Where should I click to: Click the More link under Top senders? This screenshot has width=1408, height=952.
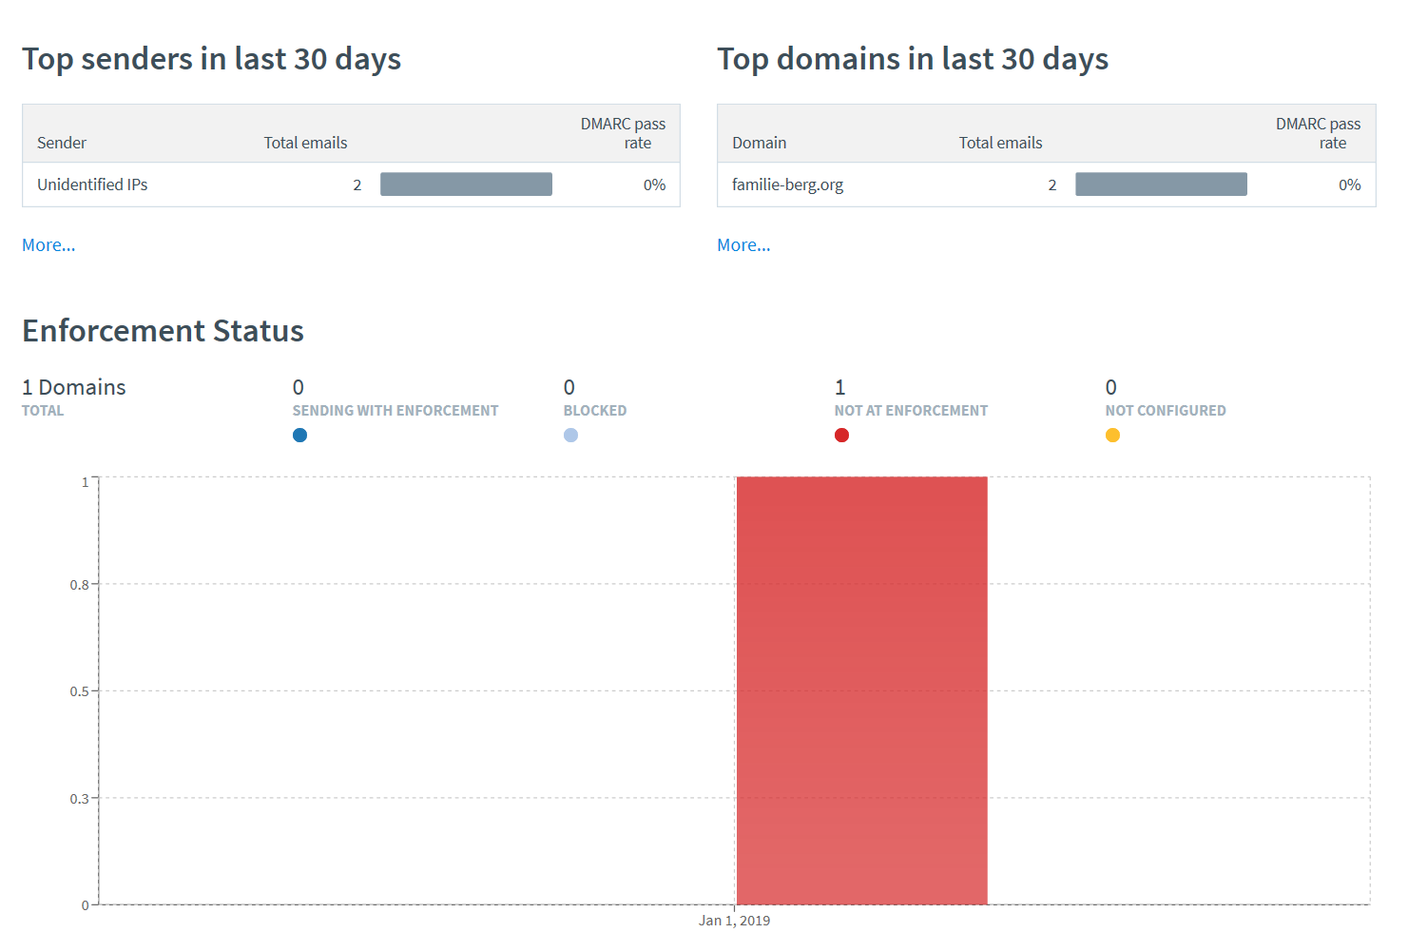pyautogui.click(x=48, y=245)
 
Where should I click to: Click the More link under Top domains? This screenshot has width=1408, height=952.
pyautogui.click(x=743, y=245)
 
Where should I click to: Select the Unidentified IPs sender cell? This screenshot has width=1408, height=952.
pyautogui.click(x=92, y=185)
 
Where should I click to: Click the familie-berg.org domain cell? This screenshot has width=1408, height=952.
pyautogui.click(x=787, y=185)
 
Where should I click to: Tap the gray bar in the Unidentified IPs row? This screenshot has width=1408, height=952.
pyautogui.click(x=466, y=185)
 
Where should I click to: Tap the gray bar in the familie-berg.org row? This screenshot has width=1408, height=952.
pyautogui.click(x=1161, y=185)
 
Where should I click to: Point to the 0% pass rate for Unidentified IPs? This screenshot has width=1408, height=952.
pyautogui.click(x=654, y=185)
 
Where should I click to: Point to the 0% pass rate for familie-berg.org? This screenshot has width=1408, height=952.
pyautogui.click(x=1349, y=185)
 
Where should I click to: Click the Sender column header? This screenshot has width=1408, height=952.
pyautogui.click(x=62, y=143)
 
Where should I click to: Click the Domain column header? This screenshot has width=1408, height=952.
pyautogui.click(x=759, y=143)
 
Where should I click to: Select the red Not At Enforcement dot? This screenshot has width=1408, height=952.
pyautogui.click(x=841, y=436)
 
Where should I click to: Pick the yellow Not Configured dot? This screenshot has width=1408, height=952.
pyautogui.click(x=1112, y=436)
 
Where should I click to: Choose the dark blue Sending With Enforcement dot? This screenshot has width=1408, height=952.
pyautogui.click(x=299, y=436)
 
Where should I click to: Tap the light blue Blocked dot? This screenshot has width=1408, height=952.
pyautogui.click(x=570, y=436)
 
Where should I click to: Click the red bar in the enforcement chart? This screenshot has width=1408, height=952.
pyautogui.click(x=861, y=690)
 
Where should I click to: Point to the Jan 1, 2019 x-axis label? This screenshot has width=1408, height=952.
pyautogui.click(x=734, y=921)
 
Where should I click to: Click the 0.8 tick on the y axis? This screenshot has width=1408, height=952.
pyautogui.click(x=79, y=585)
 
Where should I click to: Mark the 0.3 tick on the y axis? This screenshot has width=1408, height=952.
pyautogui.click(x=79, y=799)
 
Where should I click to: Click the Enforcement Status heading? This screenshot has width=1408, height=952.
pyautogui.click(x=163, y=331)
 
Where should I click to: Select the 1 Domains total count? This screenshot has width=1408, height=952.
pyautogui.click(x=74, y=387)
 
